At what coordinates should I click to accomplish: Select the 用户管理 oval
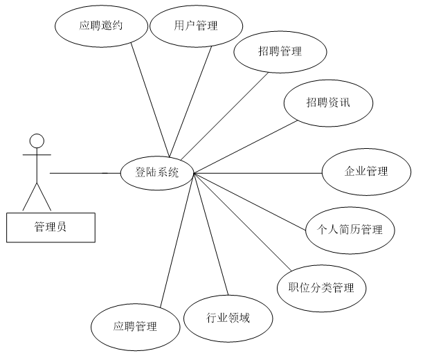[x=197, y=27]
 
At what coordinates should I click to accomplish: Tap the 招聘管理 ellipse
[x=279, y=52]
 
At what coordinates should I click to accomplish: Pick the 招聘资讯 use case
[x=329, y=102]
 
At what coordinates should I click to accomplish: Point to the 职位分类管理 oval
[x=320, y=287]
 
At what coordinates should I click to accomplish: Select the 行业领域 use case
[x=228, y=318]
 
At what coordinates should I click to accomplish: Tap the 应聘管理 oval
[x=135, y=325]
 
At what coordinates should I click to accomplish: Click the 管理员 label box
[x=50, y=226]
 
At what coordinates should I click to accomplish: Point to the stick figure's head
[x=37, y=141]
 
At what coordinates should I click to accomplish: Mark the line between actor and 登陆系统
[x=83, y=172]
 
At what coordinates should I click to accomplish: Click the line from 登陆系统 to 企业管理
[x=260, y=172]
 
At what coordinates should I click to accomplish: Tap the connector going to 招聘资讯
[x=242, y=147]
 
